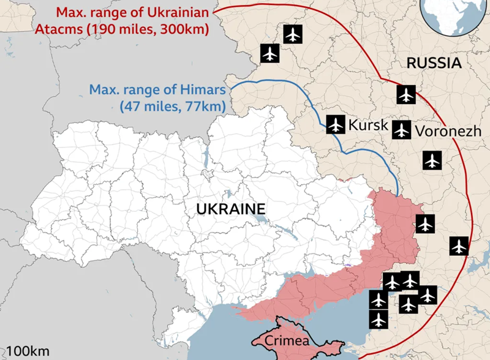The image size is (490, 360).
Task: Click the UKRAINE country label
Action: click(231, 209)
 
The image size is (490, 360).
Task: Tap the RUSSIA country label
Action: click(434, 62)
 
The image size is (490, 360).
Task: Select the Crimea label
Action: click(288, 341)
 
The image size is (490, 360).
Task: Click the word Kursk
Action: click(368, 126)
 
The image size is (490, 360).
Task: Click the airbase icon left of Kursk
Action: click(335, 124)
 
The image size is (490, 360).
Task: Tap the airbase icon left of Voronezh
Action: click(401, 129)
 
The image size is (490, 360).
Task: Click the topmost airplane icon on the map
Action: click(293, 34)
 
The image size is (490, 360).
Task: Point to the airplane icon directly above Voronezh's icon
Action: click(406, 95)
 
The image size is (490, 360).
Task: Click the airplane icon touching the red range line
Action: click(459, 246)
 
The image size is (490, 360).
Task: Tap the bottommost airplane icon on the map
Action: click(379, 319)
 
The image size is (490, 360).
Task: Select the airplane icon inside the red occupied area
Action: click(424, 223)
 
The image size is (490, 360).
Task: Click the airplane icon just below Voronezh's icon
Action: click(432, 160)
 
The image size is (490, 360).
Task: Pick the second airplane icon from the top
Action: click(270, 53)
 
